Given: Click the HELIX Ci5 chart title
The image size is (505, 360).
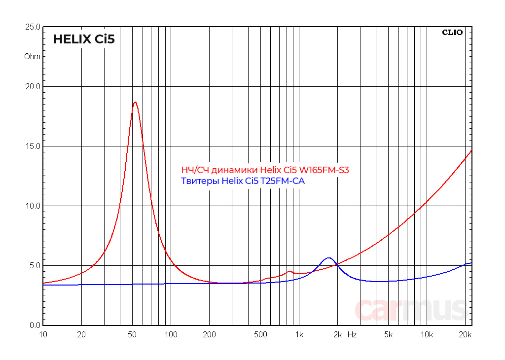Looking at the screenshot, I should click(x=84, y=39).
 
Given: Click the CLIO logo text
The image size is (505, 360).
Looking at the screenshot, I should click(x=452, y=33).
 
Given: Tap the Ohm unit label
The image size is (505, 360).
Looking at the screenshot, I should click(x=33, y=56).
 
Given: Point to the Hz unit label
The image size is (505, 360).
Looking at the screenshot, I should click(x=352, y=335).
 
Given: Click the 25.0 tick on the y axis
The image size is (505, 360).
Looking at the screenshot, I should click(x=33, y=27).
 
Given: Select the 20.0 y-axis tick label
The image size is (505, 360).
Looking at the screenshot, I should click(x=33, y=86).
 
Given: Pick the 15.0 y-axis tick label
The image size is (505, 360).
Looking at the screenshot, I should click(x=33, y=146).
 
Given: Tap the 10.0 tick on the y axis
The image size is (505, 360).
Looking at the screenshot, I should click(x=33, y=206).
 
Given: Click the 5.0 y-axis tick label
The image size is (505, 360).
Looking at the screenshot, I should click(x=34, y=265).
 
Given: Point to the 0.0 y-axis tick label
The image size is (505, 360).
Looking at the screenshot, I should click(x=34, y=325).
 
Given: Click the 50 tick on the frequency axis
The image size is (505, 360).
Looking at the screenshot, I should click(x=132, y=335).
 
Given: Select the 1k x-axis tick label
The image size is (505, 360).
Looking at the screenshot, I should click(x=299, y=335).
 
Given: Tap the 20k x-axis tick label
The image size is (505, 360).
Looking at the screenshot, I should click(x=465, y=335).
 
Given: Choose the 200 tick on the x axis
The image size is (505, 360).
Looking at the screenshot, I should click(x=209, y=335).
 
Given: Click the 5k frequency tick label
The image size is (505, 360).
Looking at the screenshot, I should click(x=388, y=335).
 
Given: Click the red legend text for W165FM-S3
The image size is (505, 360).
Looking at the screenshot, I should click(x=265, y=170).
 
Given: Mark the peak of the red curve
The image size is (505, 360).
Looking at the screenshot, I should click(x=135, y=102).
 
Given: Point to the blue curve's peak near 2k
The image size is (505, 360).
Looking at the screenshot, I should click(x=328, y=258).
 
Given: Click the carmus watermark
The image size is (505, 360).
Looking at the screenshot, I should click(x=410, y=309).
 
